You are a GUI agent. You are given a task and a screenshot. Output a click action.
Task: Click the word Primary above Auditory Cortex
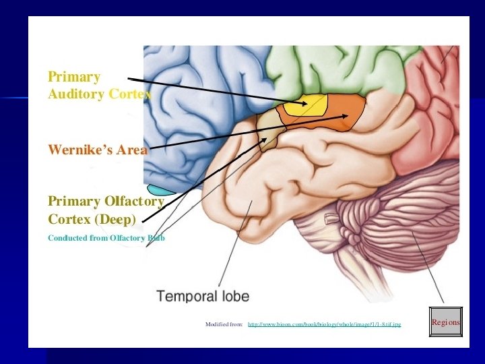74,77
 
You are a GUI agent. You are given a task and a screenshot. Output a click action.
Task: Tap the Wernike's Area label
97,150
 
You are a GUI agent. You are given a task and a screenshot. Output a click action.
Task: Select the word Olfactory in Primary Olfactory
134,202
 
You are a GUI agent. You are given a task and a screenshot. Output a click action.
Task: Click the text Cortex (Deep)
92,219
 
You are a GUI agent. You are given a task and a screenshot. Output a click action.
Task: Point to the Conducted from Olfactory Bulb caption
106,238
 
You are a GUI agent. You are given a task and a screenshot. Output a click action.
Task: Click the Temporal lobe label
203,296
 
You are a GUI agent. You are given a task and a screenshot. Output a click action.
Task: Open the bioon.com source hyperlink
324,324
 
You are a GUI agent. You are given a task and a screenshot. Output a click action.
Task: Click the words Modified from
224,324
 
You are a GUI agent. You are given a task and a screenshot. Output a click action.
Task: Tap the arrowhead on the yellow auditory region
307,103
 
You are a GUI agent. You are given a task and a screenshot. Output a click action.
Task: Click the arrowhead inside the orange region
347,116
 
